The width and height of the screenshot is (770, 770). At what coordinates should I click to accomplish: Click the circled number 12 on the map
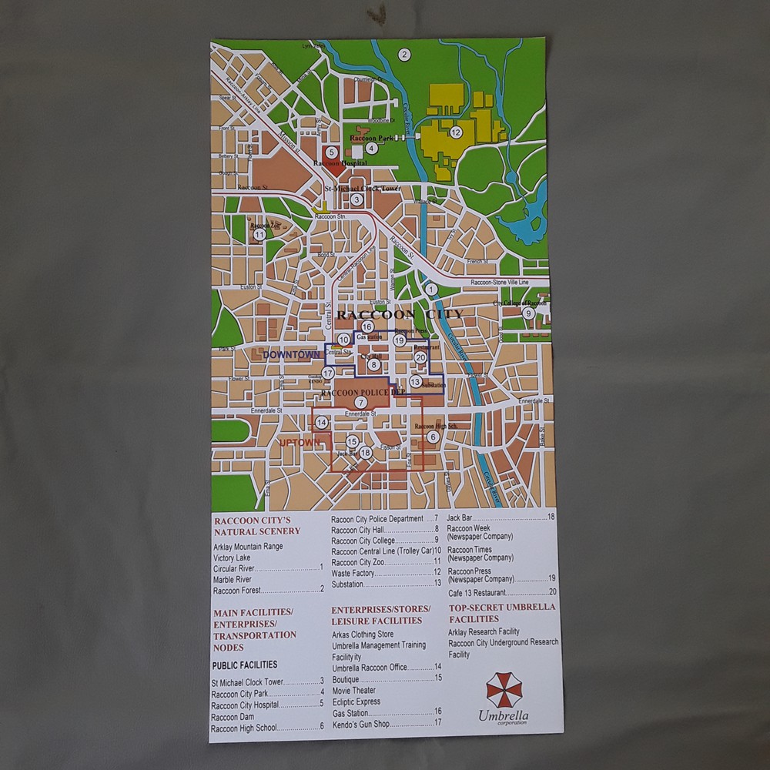[x=456, y=132]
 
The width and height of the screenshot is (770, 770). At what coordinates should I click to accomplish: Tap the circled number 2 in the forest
[x=403, y=54]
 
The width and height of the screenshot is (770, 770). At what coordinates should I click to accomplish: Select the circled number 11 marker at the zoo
[x=259, y=234]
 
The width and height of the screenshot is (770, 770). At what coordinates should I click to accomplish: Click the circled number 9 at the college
[x=528, y=313]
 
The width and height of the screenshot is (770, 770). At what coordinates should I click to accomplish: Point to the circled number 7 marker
[x=360, y=402]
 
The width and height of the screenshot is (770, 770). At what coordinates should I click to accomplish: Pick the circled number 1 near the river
[x=431, y=290]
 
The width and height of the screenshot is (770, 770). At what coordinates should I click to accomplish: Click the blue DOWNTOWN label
[x=291, y=355]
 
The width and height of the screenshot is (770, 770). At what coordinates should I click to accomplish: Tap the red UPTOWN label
[x=299, y=443]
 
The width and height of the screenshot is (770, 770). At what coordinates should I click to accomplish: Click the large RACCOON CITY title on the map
[x=400, y=314]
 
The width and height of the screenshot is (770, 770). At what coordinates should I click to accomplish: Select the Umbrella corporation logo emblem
[x=504, y=688]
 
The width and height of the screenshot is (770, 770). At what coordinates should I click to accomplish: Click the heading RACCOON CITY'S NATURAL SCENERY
[x=256, y=525]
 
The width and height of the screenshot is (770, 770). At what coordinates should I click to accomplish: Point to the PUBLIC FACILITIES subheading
[x=244, y=665]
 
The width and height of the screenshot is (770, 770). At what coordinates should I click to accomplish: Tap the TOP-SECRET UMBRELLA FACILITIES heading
[x=501, y=612]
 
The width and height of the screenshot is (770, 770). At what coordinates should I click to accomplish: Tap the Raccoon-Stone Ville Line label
[x=500, y=283]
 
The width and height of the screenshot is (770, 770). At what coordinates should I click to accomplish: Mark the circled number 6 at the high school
[x=433, y=437]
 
